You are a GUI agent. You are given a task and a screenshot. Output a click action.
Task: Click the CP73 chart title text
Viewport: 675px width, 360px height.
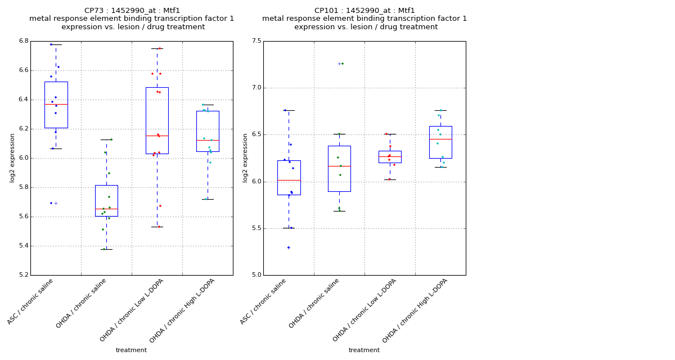point(132,19)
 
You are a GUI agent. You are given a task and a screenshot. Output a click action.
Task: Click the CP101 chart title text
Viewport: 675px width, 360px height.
point(364,19)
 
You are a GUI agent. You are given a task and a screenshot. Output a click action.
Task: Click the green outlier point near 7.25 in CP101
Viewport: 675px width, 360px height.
point(342,64)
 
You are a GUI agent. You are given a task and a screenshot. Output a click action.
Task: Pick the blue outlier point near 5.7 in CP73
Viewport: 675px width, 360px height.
point(51,203)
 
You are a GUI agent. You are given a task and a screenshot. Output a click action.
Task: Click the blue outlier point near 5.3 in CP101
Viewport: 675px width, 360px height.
point(289,247)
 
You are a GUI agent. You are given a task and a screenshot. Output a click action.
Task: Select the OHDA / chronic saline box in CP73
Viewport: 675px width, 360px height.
point(106,200)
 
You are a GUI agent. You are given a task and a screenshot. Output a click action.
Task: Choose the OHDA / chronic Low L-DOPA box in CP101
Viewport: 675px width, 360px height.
point(390,157)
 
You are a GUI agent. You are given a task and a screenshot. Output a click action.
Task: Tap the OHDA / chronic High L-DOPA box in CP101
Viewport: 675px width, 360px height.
point(440,142)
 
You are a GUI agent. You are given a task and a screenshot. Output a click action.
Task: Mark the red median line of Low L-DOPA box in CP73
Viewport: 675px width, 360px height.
point(157,136)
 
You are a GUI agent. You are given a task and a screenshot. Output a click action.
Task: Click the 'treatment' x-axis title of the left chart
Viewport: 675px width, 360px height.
point(131,350)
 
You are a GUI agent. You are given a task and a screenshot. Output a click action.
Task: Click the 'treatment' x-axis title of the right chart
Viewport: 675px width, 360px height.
point(364,350)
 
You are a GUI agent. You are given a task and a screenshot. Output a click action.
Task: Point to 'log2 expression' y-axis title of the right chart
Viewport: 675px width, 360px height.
point(245,157)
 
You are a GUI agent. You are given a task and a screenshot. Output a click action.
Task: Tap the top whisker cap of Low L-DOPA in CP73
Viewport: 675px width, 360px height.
point(157,48)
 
